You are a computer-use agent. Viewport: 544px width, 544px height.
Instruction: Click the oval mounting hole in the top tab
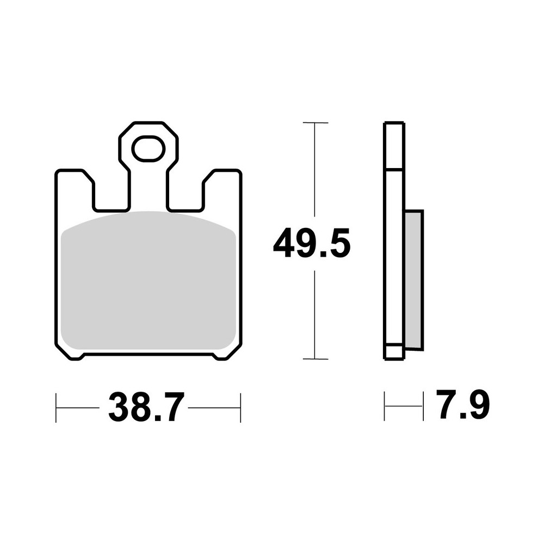[x=148, y=149]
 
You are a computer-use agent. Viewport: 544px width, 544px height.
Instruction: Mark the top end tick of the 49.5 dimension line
[x=315, y=123]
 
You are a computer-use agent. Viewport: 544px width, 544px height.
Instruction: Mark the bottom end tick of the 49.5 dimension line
[x=315, y=359]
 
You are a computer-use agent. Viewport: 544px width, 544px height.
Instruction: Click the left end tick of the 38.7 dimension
[x=57, y=407]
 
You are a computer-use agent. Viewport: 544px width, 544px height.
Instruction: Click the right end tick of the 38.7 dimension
[x=240, y=407]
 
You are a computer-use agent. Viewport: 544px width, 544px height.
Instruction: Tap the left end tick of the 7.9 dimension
[x=385, y=406]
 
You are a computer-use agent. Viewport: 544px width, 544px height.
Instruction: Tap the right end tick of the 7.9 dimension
[x=423, y=406]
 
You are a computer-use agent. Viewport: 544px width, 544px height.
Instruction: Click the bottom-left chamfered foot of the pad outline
[x=71, y=354]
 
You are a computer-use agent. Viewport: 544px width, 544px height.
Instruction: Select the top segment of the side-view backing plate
[x=394, y=146]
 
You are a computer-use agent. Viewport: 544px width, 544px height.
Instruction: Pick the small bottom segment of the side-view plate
[x=394, y=351]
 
